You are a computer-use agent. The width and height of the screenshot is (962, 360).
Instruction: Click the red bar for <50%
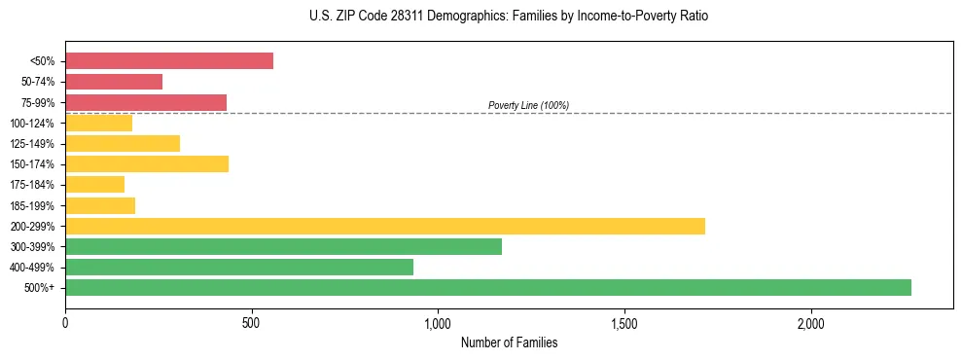click(169, 61)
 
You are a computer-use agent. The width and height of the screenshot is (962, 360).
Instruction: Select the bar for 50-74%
click(114, 82)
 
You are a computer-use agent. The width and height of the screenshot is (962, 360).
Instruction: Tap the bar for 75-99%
click(146, 102)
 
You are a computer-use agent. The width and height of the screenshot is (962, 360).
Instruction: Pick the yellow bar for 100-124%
click(98, 123)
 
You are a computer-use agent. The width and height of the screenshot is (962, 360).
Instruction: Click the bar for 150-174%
click(147, 163)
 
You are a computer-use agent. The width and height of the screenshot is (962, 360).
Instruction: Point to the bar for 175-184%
click(94, 184)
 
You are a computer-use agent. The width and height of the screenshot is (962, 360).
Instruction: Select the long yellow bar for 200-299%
click(385, 226)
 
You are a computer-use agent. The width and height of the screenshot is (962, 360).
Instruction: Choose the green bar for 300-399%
click(283, 246)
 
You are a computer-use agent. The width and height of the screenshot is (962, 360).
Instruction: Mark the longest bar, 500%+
click(488, 287)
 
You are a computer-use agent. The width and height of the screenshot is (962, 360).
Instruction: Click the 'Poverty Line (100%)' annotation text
click(528, 105)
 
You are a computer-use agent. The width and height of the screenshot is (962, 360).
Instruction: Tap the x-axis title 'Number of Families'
click(509, 342)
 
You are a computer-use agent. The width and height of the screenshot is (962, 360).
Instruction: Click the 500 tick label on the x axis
click(251, 323)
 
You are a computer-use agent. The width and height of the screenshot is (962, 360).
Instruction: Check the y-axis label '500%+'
click(39, 288)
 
